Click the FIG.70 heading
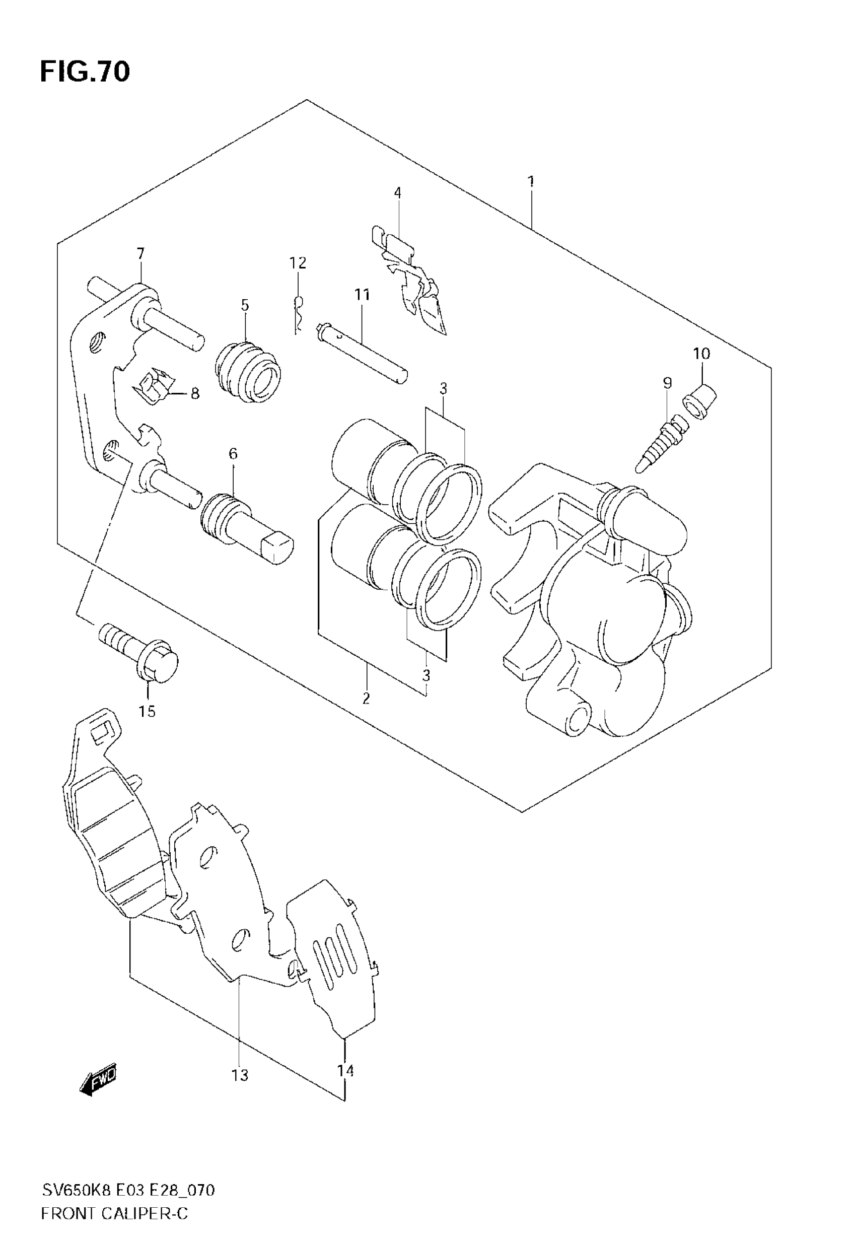[85, 72]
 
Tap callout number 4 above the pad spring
[397, 192]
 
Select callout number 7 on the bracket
[140, 253]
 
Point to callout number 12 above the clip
[298, 263]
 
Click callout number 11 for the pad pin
[362, 295]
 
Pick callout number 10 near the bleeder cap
[701, 354]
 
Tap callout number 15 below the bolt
[147, 711]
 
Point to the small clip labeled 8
[156, 386]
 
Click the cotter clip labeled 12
[298, 314]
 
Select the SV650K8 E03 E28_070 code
[129, 1191]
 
